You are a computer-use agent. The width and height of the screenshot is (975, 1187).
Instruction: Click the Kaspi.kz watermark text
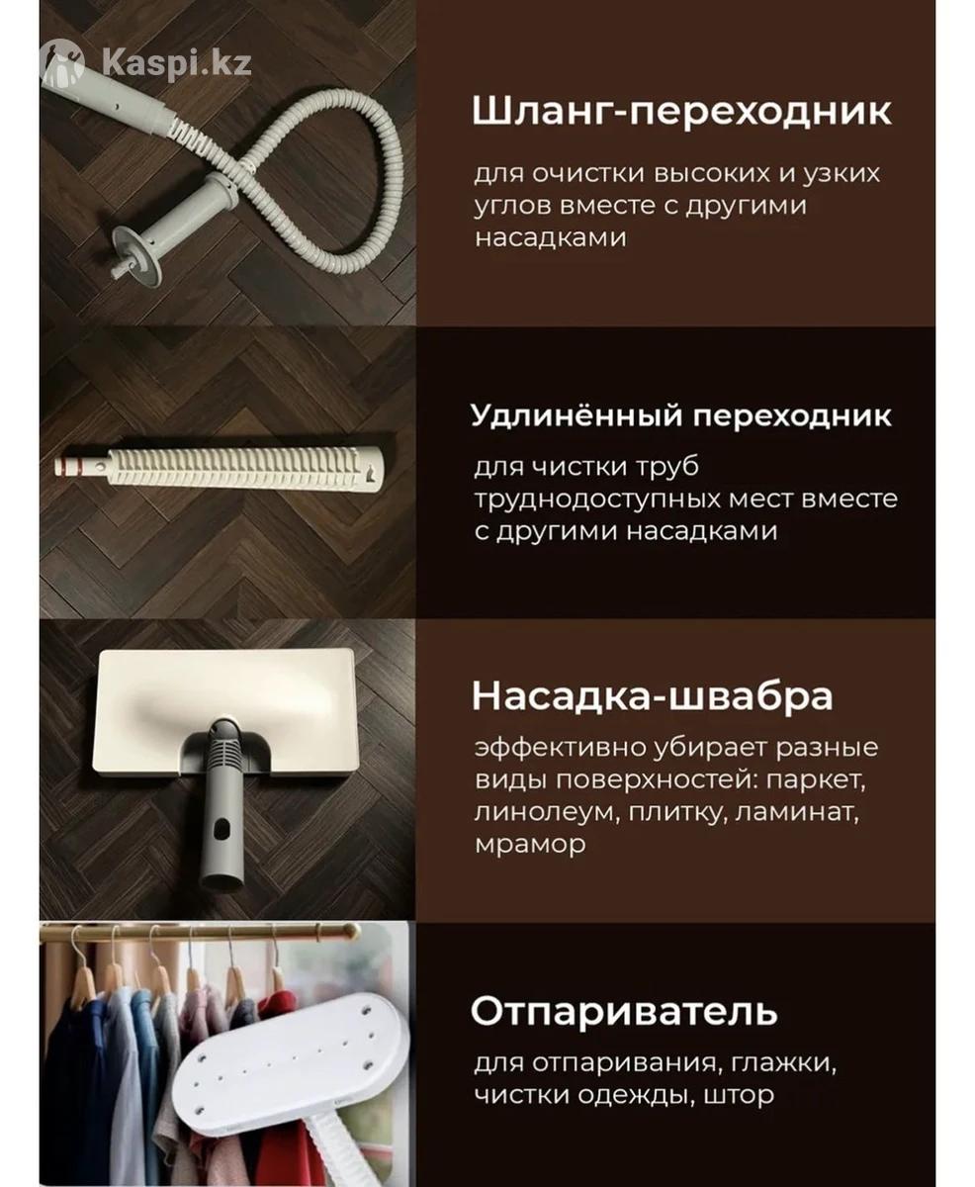point(177,63)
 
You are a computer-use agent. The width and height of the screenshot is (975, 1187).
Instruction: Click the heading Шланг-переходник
point(681,112)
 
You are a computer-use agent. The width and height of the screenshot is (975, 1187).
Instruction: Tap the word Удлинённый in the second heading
point(576,415)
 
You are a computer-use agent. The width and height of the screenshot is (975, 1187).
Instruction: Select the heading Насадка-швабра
point(652,696)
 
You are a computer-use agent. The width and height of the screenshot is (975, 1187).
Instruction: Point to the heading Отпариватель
point(624,980)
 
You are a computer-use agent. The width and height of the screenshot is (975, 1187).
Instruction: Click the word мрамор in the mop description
point(531,845)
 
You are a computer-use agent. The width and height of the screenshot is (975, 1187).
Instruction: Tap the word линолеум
point(546,813)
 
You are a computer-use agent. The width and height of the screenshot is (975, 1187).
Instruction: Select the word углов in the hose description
point(513,207)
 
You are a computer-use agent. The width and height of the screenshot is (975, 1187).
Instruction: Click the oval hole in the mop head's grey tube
point(222,828)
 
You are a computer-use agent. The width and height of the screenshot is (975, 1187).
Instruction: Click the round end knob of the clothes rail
point(352,932)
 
